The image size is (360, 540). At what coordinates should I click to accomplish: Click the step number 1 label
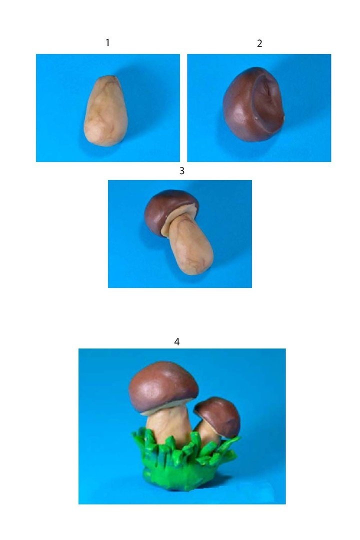107,42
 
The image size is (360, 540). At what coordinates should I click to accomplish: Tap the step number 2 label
259,43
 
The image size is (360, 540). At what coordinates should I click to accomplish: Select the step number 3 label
182,170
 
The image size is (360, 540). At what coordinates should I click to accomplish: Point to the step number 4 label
176,341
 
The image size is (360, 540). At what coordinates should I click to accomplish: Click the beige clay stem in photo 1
106,111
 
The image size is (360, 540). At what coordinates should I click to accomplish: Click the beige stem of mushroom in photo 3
189,243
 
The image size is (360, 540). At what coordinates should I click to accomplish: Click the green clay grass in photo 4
184,447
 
